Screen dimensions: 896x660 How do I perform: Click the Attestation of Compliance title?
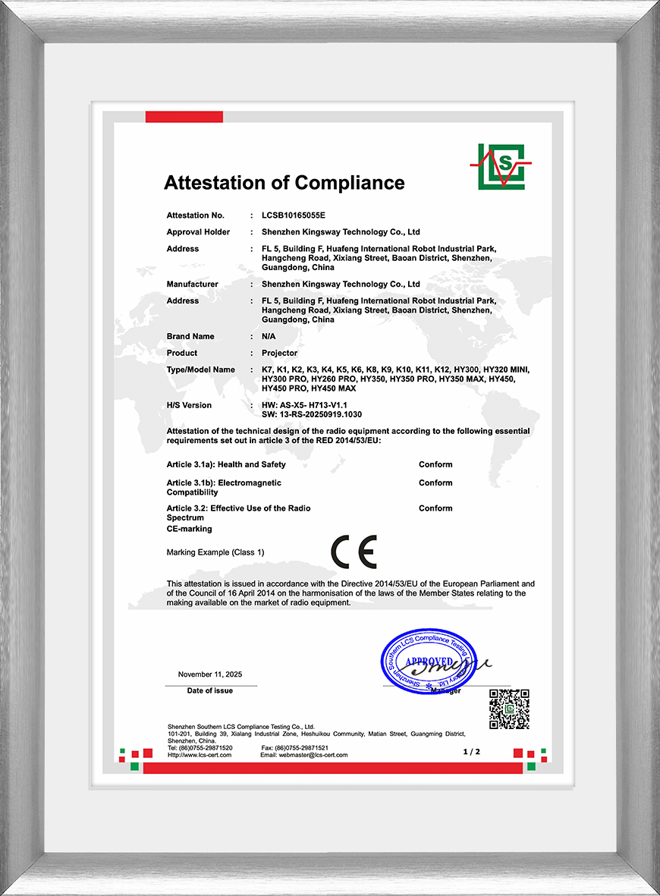click(284, 183)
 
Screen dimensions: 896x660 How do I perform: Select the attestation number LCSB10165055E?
click(293, 215)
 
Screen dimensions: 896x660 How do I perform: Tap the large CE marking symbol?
click(354, 552)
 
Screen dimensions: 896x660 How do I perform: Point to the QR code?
click(508, 709)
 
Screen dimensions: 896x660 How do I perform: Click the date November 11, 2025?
click(210, 674)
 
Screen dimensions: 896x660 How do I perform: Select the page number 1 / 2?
click(472, 751)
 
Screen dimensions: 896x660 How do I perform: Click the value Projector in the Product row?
click(279, 353)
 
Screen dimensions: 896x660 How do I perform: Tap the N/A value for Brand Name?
click(269, 336)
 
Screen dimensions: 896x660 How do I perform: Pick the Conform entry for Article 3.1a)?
click(435, 464)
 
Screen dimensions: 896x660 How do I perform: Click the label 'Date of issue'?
click(210, 690)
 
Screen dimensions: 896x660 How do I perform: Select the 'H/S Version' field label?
click(190, 405)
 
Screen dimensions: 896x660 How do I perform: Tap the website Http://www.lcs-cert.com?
click(200, 755)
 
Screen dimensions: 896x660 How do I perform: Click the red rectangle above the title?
click(184, 117)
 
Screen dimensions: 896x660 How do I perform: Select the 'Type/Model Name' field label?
click(201, 369)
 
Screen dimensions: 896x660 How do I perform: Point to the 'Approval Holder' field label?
click(198, 232)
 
